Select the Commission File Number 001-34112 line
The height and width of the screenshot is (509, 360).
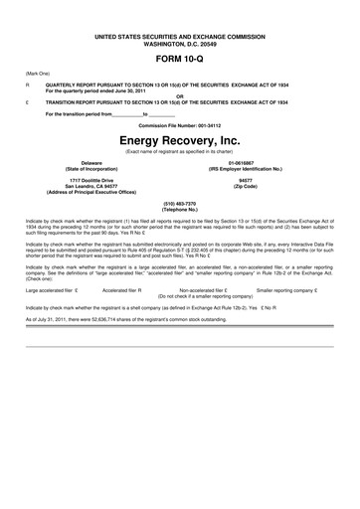(x=179, y=126)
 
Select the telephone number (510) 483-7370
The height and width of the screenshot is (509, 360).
(x=179, y=203)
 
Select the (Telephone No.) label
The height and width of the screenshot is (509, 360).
(x=179, y=209)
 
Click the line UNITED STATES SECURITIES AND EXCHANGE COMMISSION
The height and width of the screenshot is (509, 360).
(x=179, y=34)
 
